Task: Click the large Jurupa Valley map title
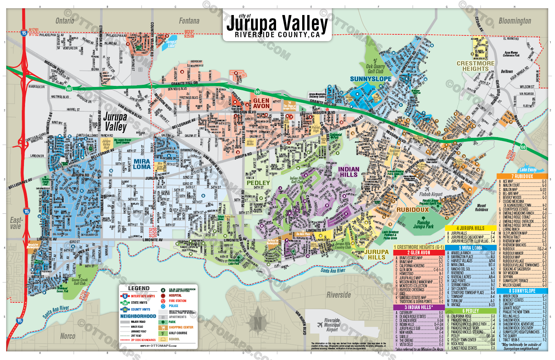(x=277, y=24)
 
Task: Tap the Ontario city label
(x=65, y=21)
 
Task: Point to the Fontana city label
(x=189, y=21)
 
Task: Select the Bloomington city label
(x=515, y=21)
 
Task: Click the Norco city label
(x=68, y=336)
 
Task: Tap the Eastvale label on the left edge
(x=16, y=223)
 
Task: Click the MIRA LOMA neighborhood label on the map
(x=142, y=164)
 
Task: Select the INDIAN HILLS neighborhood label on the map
(x=349, y=172)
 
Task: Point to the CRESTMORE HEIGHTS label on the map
(x=475, y=66)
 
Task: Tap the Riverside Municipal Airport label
(x=332, y=325)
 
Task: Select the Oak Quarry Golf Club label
(x=375, y=69)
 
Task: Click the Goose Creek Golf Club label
(x=79, y=282)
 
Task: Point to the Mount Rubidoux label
(x=481, y=208)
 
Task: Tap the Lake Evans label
(x=528, y=170)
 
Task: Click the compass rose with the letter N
(x=257, y=321)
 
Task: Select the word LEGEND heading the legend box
(x=139, y=288)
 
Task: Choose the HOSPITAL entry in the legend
(x=175, y=296)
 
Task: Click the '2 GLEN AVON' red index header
(x=418, y=253)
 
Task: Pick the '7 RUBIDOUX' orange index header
(x=522, y=176)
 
